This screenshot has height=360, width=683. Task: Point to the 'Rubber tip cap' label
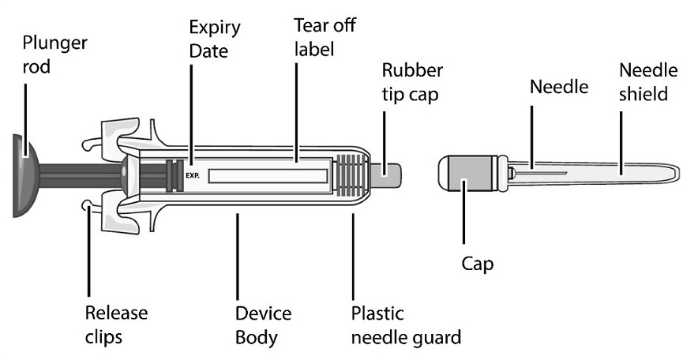point(412,81)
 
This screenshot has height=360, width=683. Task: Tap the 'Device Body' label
point(263,325)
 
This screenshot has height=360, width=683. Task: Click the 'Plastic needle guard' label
point(406,325)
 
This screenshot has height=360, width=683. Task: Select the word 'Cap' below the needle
point(478,264)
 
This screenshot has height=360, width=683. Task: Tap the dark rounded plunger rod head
point(22,176)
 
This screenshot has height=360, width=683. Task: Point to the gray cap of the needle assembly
point(463,171)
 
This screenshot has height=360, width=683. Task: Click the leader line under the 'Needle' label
point(531,134)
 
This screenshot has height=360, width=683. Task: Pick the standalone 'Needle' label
point(558,87)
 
